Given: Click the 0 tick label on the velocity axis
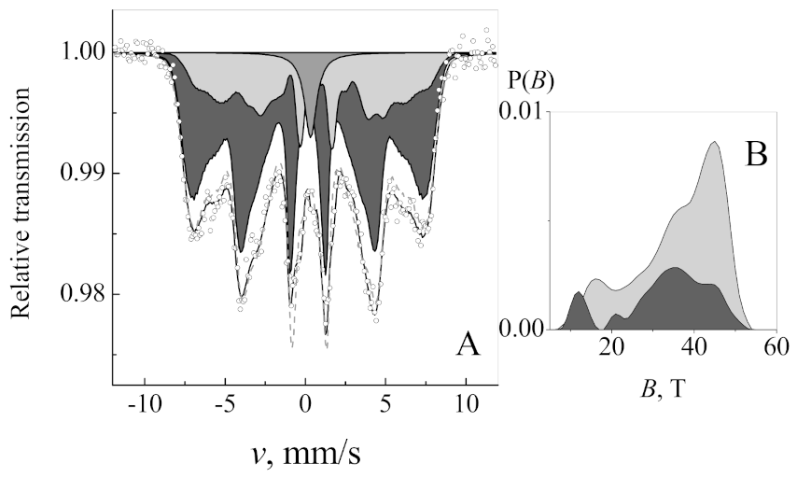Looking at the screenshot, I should [x=305, y=406].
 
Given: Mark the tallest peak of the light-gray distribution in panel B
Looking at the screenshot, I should [x=714, y=142].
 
